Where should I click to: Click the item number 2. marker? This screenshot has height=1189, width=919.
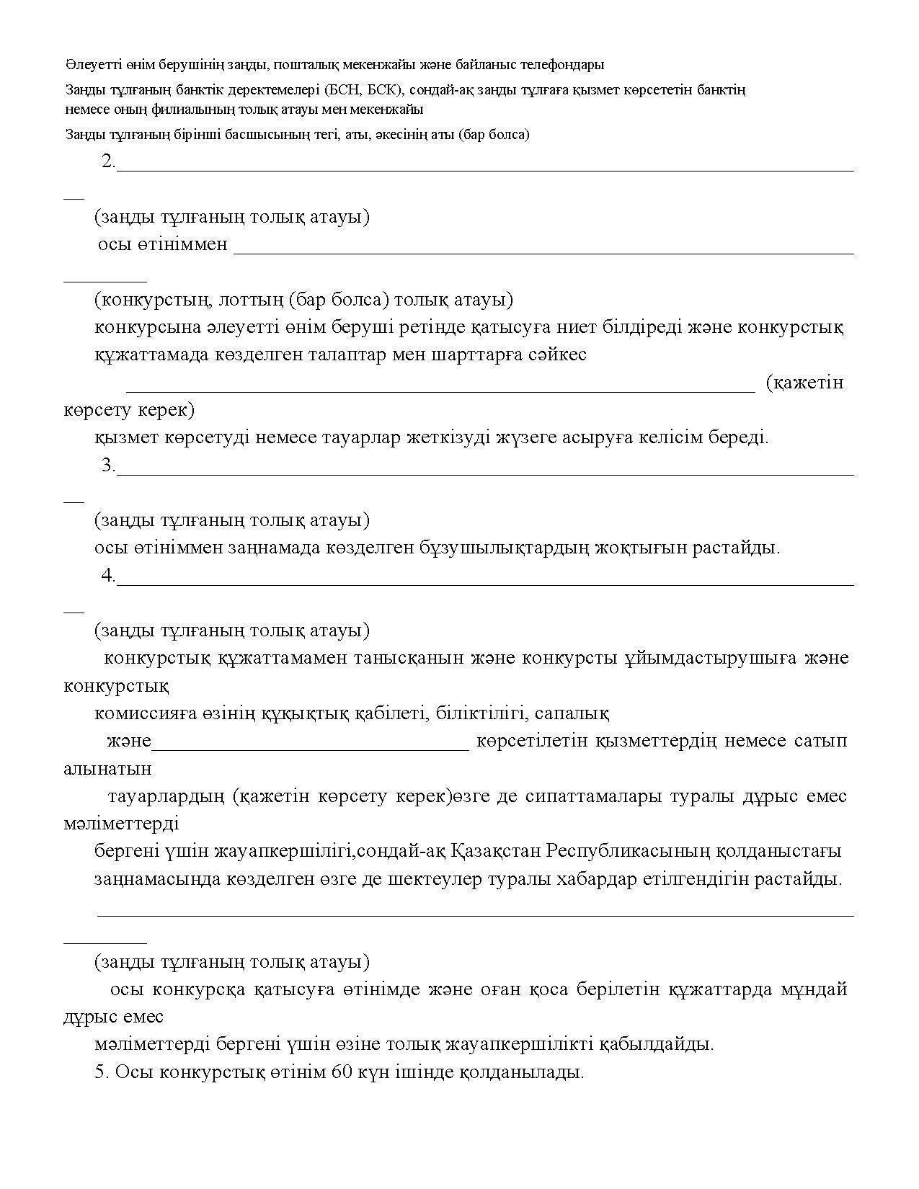109,161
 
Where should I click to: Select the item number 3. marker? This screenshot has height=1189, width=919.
109,466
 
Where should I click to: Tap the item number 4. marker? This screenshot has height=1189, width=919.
109,576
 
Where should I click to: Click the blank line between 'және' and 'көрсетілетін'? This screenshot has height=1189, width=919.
311,749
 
